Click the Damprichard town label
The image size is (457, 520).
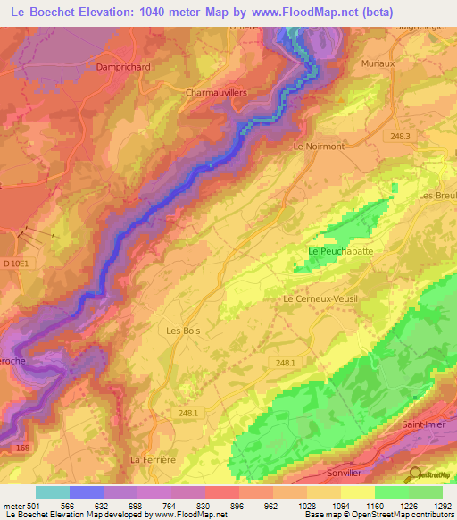124,66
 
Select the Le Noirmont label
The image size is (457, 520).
319,146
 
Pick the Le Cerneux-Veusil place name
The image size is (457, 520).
319,299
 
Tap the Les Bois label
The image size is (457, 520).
183,331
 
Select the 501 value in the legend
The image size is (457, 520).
34,506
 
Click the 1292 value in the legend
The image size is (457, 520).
443,506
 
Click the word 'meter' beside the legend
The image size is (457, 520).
12,506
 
